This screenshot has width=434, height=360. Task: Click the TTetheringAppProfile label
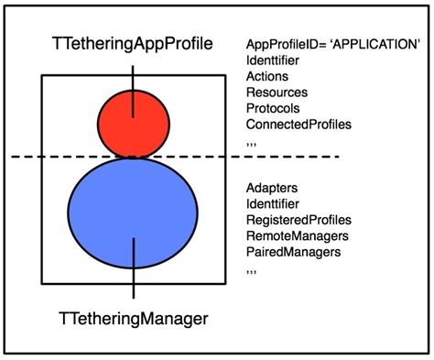(133, 43)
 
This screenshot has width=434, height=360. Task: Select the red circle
(134, 125)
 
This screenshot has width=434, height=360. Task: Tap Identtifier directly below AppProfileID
(274, 60)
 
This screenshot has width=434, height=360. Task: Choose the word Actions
(267, 76)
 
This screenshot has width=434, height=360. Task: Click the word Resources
(277, 93)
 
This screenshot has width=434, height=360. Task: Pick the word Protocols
(273, 108)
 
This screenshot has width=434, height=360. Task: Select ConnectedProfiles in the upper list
(298, 125)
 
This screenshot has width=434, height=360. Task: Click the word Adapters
(271, 189)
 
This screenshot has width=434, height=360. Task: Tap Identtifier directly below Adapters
(274, 204)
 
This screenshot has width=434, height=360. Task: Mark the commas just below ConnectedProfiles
(253, 143)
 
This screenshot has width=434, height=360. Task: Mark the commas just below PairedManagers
(253, 271)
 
